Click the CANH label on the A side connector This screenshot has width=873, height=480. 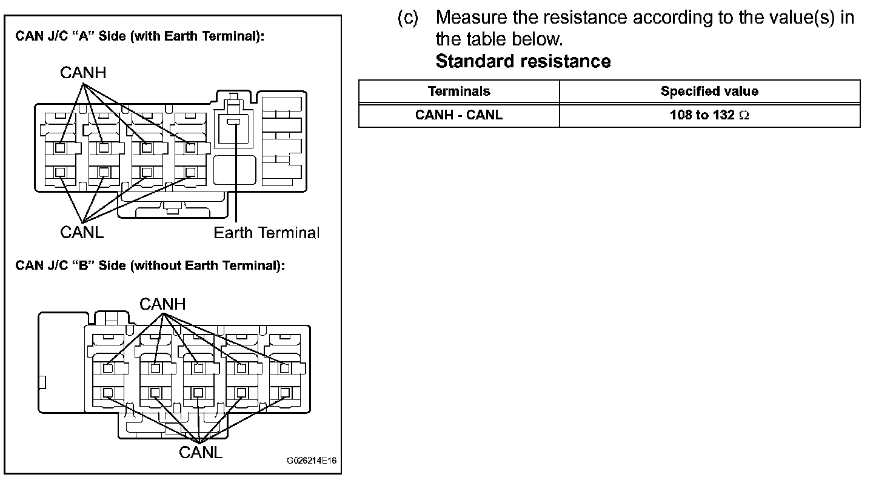click(x=83, y=73)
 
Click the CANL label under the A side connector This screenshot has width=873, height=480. click(x=82, y=232)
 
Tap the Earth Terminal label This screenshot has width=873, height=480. click(x=266, y=233)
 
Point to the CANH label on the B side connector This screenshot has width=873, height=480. click(x=162, y=304)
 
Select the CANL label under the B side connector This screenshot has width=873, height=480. click(x=201, y=452)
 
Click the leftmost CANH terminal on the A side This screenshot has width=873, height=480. click(x=60, y=147)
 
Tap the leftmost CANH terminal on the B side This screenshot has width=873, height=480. click(x=108, y=368)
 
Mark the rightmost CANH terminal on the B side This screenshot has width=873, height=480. click(x=285, y=368)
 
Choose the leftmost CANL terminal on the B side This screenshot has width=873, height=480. click(x=108, y=392)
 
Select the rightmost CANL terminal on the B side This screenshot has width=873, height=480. click(x=285, y=392)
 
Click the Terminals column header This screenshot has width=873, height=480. click(x=459, y=92)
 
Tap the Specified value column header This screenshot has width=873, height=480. click(x=709, y=92)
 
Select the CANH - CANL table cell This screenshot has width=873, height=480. click(x=459, y=115)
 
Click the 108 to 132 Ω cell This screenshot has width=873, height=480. click(x=709, y=115)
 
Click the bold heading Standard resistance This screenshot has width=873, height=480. click(x=523, y=61)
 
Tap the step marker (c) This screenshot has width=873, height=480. click(x=408, y=18)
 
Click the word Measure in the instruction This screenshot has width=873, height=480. click(x=468, y=18)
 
